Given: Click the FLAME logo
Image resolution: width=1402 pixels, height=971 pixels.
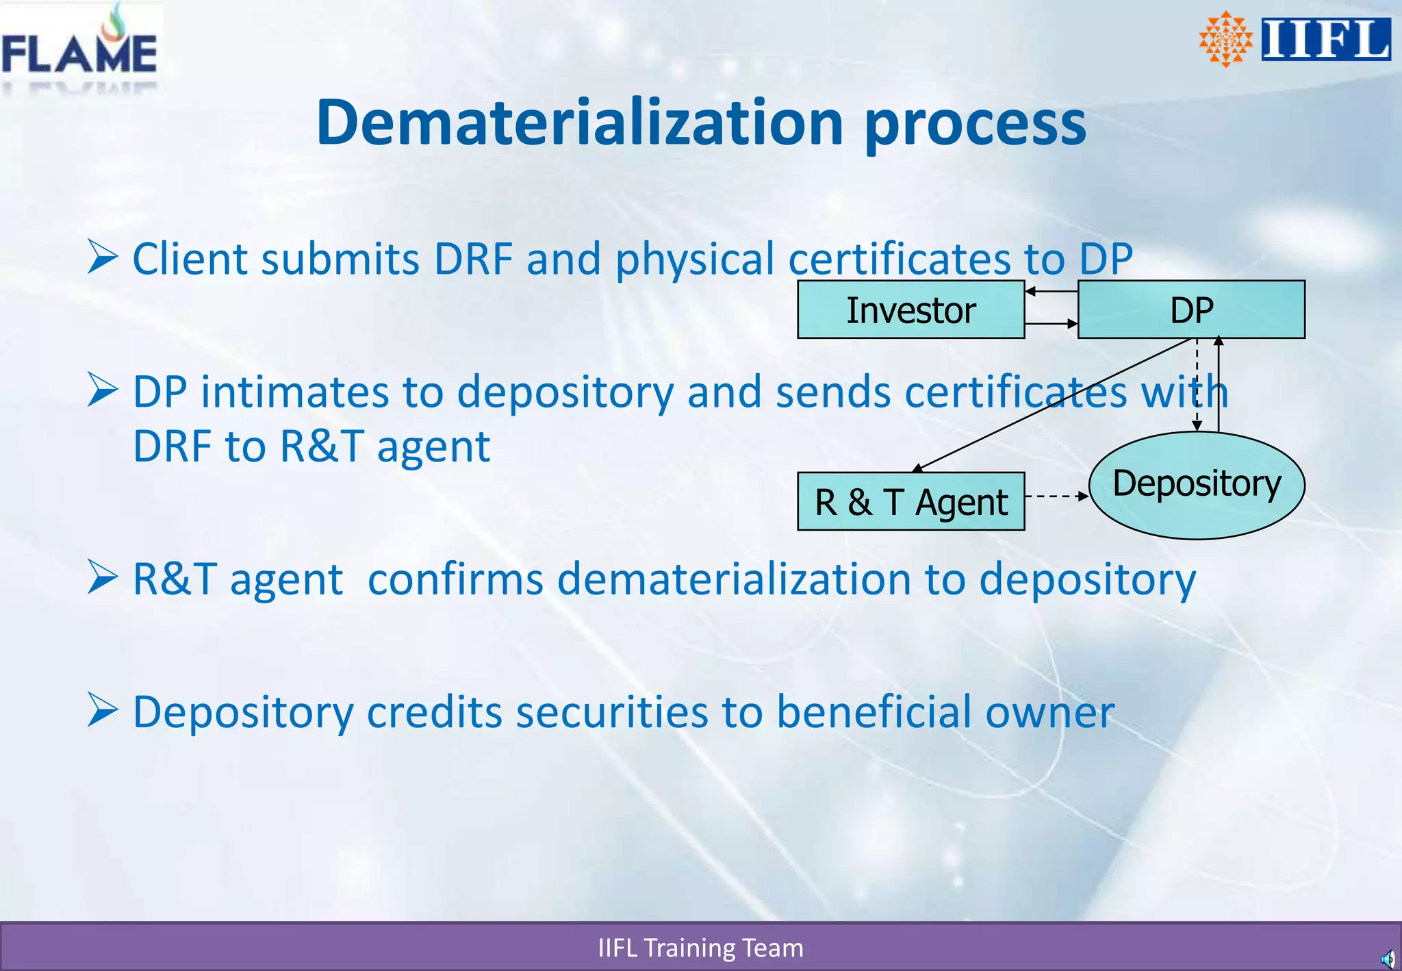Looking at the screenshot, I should pyautogui.click(x=79, y=47).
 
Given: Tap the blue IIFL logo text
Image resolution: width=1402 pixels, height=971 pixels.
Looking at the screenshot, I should pyautogui.click(x=1325, y=39).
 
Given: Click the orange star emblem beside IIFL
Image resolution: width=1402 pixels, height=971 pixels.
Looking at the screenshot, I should pyautogui.click(x=1225, y=39).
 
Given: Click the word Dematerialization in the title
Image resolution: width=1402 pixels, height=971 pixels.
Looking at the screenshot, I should pyautogui.click(x=579, y=123).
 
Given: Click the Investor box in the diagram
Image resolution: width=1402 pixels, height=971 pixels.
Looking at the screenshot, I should pyautogui.click(x=910, y=310).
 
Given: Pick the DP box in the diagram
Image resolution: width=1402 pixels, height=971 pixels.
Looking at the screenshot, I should pyautogui.click(x=1191, y=310).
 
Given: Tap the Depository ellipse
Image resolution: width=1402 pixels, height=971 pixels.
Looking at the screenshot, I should pyautogui.click(x=1197, y=485).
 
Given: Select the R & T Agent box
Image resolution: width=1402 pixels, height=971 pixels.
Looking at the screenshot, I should pyautogui.click(x=910, y=502).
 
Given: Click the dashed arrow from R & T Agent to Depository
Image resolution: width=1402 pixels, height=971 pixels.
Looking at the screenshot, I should pyautogui.click(x=1056, y=496).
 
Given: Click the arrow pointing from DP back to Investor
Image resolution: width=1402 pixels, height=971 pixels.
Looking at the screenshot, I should pyautogui.click(x=1051, y=292).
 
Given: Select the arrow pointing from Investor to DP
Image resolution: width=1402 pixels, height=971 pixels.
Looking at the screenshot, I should pyautogui.click(x=1051, y=324).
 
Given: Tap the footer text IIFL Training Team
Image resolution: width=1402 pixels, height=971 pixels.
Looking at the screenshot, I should pyautogui.click(x=700, y=948).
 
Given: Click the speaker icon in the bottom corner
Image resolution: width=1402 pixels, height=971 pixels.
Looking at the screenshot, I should pyautogui.click(x=1387, y=958).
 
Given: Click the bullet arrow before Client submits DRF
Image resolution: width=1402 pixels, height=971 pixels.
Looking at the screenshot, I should pyautogui.click(x=103, y=258).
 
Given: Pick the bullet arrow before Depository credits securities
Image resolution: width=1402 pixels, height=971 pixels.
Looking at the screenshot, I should pyautogui.click(x=103, y=710).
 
